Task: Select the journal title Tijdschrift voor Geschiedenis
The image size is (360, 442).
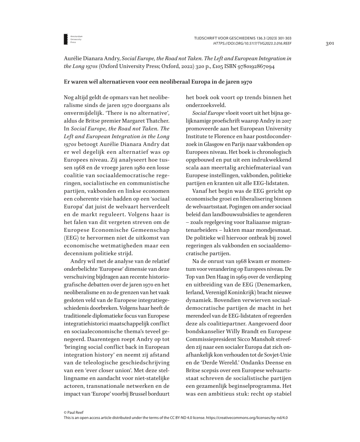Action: (x=231, y=39)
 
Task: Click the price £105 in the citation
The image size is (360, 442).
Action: (x=202, y=67)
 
